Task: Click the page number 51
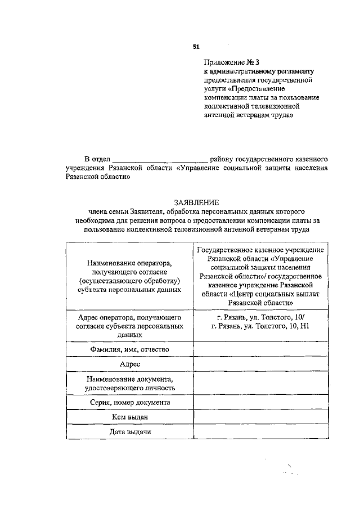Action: pyautogui.click(x=196, y=46)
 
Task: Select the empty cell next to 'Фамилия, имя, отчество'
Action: pyautogui.click(x=261, y=349)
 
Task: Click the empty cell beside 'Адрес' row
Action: pyautogui.click(x=261, y=364)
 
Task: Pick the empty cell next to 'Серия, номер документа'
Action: pyautogui.click(x=261, y=402)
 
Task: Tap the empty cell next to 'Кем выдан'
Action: pyautogui.click(x=261, y=417)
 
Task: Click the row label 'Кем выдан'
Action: pyautogui.click(x=130, y=417)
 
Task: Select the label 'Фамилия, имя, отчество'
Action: pyautogui.click(x=130, y=349)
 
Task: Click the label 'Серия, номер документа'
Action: pyautogui.click(x=130, y=403)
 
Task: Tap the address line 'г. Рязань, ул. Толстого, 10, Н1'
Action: pyautogui.click(x=261, y=326)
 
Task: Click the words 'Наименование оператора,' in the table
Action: pyautogui.click(x=130, y=263)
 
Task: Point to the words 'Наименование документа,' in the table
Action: pyautogui.click(x=130, y=379)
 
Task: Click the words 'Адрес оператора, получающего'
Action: pyautogui.click(x=130, y=317)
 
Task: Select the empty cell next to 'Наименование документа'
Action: pyautogui.click(x=261, y=383)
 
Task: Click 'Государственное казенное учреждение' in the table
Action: pyautogui.click(x=261, y=249)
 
